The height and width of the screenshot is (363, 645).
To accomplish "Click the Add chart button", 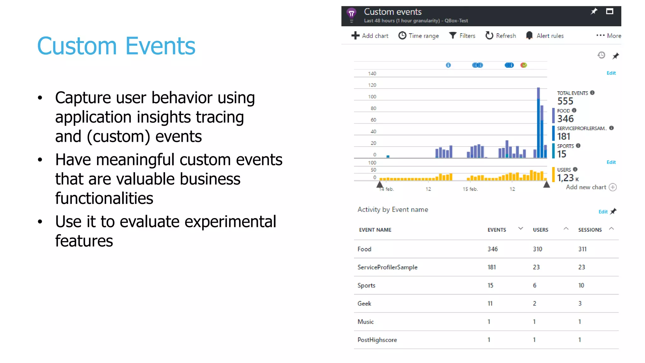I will coord(370,36).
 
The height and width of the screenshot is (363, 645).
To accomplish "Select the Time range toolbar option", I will coord(419,36).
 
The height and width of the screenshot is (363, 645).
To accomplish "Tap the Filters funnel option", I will coord(462,36).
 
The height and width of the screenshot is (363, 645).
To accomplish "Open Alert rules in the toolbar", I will coord(545,36).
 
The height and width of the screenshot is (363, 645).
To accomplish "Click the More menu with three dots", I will coord(608,36).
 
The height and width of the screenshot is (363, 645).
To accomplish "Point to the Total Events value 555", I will coord(565,101).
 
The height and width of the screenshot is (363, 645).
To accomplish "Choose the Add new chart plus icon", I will coord(613,187).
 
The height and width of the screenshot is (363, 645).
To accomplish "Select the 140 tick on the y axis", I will coord(372,73).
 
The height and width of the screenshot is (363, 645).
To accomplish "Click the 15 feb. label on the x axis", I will coord(470,189).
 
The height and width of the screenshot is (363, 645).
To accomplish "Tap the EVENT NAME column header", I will coord(375,230).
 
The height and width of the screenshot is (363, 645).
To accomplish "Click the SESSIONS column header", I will coord(590,230).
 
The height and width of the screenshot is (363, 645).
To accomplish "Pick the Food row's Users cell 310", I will coord(538,249).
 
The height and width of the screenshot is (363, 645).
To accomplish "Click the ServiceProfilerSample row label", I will coord(387,267).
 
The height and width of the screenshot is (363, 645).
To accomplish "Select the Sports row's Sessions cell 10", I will coord(581,285).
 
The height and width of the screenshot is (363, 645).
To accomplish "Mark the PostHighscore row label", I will coord(377,340).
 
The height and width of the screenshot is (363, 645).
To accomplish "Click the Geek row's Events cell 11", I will coord(490,303).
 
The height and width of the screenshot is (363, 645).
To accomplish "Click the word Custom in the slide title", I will coord(77,46).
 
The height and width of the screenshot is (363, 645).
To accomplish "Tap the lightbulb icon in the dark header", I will coord(351,14).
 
